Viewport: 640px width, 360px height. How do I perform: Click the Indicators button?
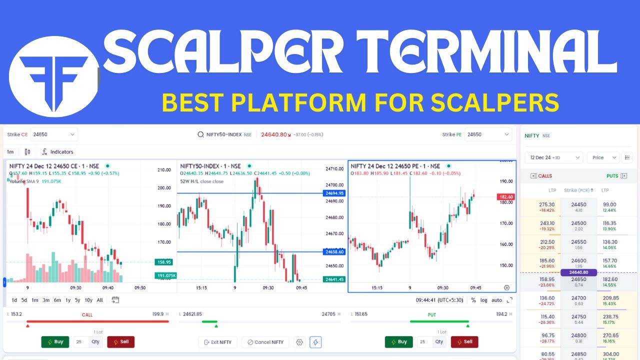coord(57,152)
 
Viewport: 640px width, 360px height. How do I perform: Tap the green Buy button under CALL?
coord(55,342)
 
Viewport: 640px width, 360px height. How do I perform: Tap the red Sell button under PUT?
coord(464,342)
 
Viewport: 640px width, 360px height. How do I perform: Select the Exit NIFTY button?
coord(217,342)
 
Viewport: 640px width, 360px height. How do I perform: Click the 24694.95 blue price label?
coord(334,193)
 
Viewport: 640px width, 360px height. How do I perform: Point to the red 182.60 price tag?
coord(505,197)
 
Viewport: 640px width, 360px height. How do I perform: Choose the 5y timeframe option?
coord(77,300)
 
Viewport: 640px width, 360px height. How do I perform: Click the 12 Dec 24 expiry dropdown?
coord(553,157)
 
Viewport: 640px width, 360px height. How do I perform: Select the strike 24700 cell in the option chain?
coord(578,300)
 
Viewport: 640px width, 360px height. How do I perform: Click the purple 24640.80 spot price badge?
coord(578,272)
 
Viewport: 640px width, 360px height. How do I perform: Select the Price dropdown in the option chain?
coord(602,157)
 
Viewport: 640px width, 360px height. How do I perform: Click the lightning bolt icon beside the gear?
coord(315,342)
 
